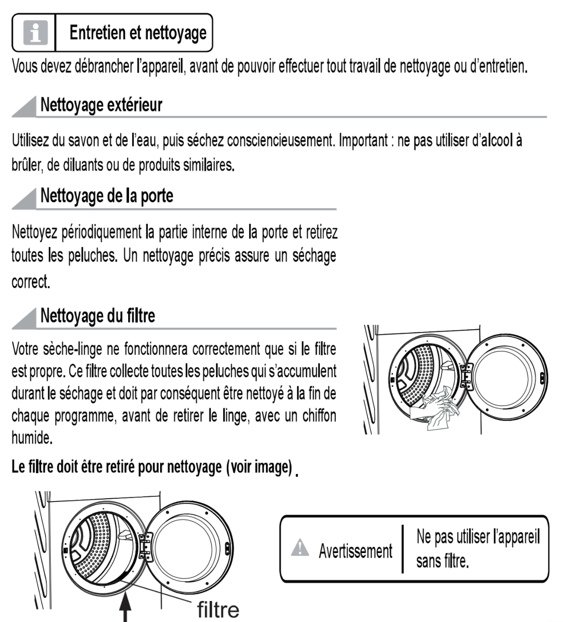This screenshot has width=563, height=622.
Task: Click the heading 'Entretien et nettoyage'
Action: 138,33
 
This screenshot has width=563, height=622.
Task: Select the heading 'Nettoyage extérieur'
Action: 101,105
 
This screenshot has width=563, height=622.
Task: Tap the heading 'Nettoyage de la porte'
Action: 107,196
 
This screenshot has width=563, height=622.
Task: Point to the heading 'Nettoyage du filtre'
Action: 98,316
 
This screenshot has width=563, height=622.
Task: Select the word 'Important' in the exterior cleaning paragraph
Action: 363,140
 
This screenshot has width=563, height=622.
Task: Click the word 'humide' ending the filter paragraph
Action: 31,438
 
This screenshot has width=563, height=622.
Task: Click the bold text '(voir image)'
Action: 259,467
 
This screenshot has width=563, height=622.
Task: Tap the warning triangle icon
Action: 300,547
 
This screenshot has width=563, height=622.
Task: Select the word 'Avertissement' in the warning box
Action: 355,551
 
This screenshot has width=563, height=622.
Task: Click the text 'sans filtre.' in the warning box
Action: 442,561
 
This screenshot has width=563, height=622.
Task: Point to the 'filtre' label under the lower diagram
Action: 218,609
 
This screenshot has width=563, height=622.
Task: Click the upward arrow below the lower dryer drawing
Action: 125,609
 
